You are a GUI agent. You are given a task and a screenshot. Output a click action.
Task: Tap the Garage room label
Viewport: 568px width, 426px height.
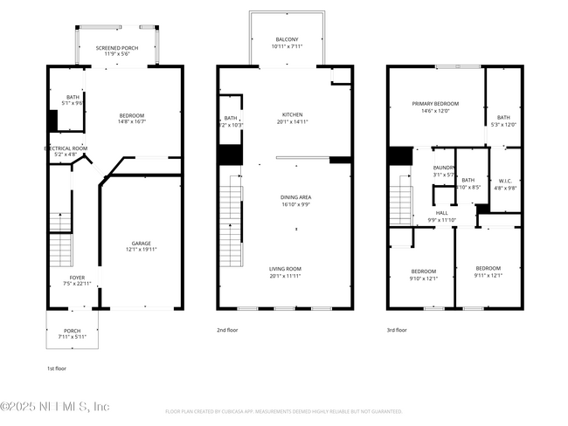(x=142, y=244)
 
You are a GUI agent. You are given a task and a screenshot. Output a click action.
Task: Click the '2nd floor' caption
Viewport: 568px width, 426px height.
(x=226, y=330)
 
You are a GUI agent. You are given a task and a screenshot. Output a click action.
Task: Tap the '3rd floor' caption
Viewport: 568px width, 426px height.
(x=397, y=330)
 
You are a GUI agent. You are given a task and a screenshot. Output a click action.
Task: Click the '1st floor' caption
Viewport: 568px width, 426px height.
(x=56, y=368)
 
